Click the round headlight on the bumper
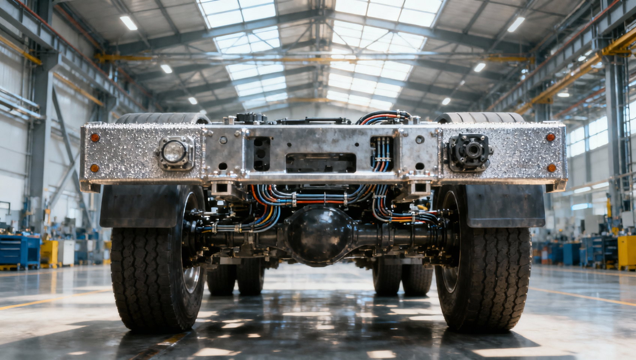click(174, 152)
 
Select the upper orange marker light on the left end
click(95, 137)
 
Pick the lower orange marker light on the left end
click(94, 168)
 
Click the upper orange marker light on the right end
click(550, 137)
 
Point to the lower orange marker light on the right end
click(551, 168)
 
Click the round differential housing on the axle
click(319, 234)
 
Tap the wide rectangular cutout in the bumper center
click(321, 162)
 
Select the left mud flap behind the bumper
click(139, 206)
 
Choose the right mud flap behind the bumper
click(504, 206)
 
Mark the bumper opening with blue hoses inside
click(382, 153)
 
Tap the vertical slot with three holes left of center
click(261, 153)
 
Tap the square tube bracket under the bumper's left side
click(222, 189)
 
